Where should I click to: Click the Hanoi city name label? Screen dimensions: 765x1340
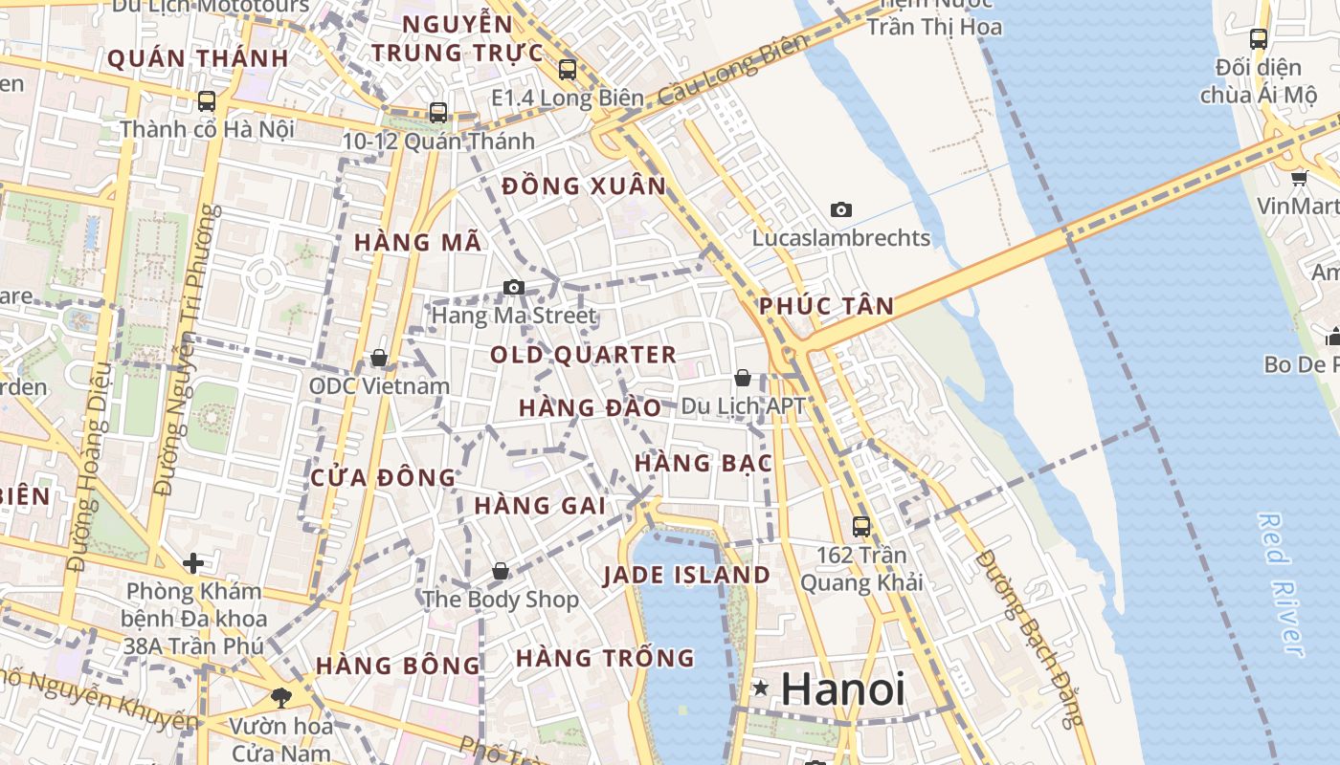pyautogui.click(x=843, y=689)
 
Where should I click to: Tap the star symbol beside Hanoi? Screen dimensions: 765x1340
pyautogui.click(x=761, y=688)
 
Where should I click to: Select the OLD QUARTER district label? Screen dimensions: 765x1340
pyautogui.click(x=584, y=355)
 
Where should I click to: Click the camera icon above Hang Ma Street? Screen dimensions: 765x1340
pyautogui.click(x=514, y=287)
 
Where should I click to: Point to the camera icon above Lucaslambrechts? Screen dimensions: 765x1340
pyautogui.click(x=841, y=209)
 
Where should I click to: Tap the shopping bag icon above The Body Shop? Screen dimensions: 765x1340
pyautogui.click(x=500, y=571)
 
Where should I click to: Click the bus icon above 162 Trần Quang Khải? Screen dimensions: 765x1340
pyautogui.click(x=861, y=526)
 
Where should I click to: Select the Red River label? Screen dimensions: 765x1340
pyautogui.click(x=1281, y=583)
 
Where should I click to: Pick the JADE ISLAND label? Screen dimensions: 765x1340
pyautogui.click(x=686, y=576)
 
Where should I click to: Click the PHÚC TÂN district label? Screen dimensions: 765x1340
pyautogui.click(x=827, y=306)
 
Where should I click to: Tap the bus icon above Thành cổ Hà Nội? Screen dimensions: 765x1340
pyautogui.click(x=206, y=100)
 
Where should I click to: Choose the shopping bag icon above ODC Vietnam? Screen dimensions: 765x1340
pyautogui.click(x=379, y=358)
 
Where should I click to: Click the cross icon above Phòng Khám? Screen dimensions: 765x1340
pyautogui.click(x=193, y=562)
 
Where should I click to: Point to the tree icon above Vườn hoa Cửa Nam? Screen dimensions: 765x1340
pyautogui.click(x=280, y=697)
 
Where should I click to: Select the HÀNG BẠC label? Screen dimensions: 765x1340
pyautogui.click(x=703, y=464)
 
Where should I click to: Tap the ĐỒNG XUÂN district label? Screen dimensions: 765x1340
pyautogui.click(x=584, y=186)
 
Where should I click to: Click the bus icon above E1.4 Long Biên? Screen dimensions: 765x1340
pyautogui.click(x=568, y=69)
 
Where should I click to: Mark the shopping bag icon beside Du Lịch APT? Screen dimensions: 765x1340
pyautogui.click(x=742, y=379)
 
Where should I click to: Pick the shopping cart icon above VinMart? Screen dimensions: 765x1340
pyautogui.click(x=1299, y=177)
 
